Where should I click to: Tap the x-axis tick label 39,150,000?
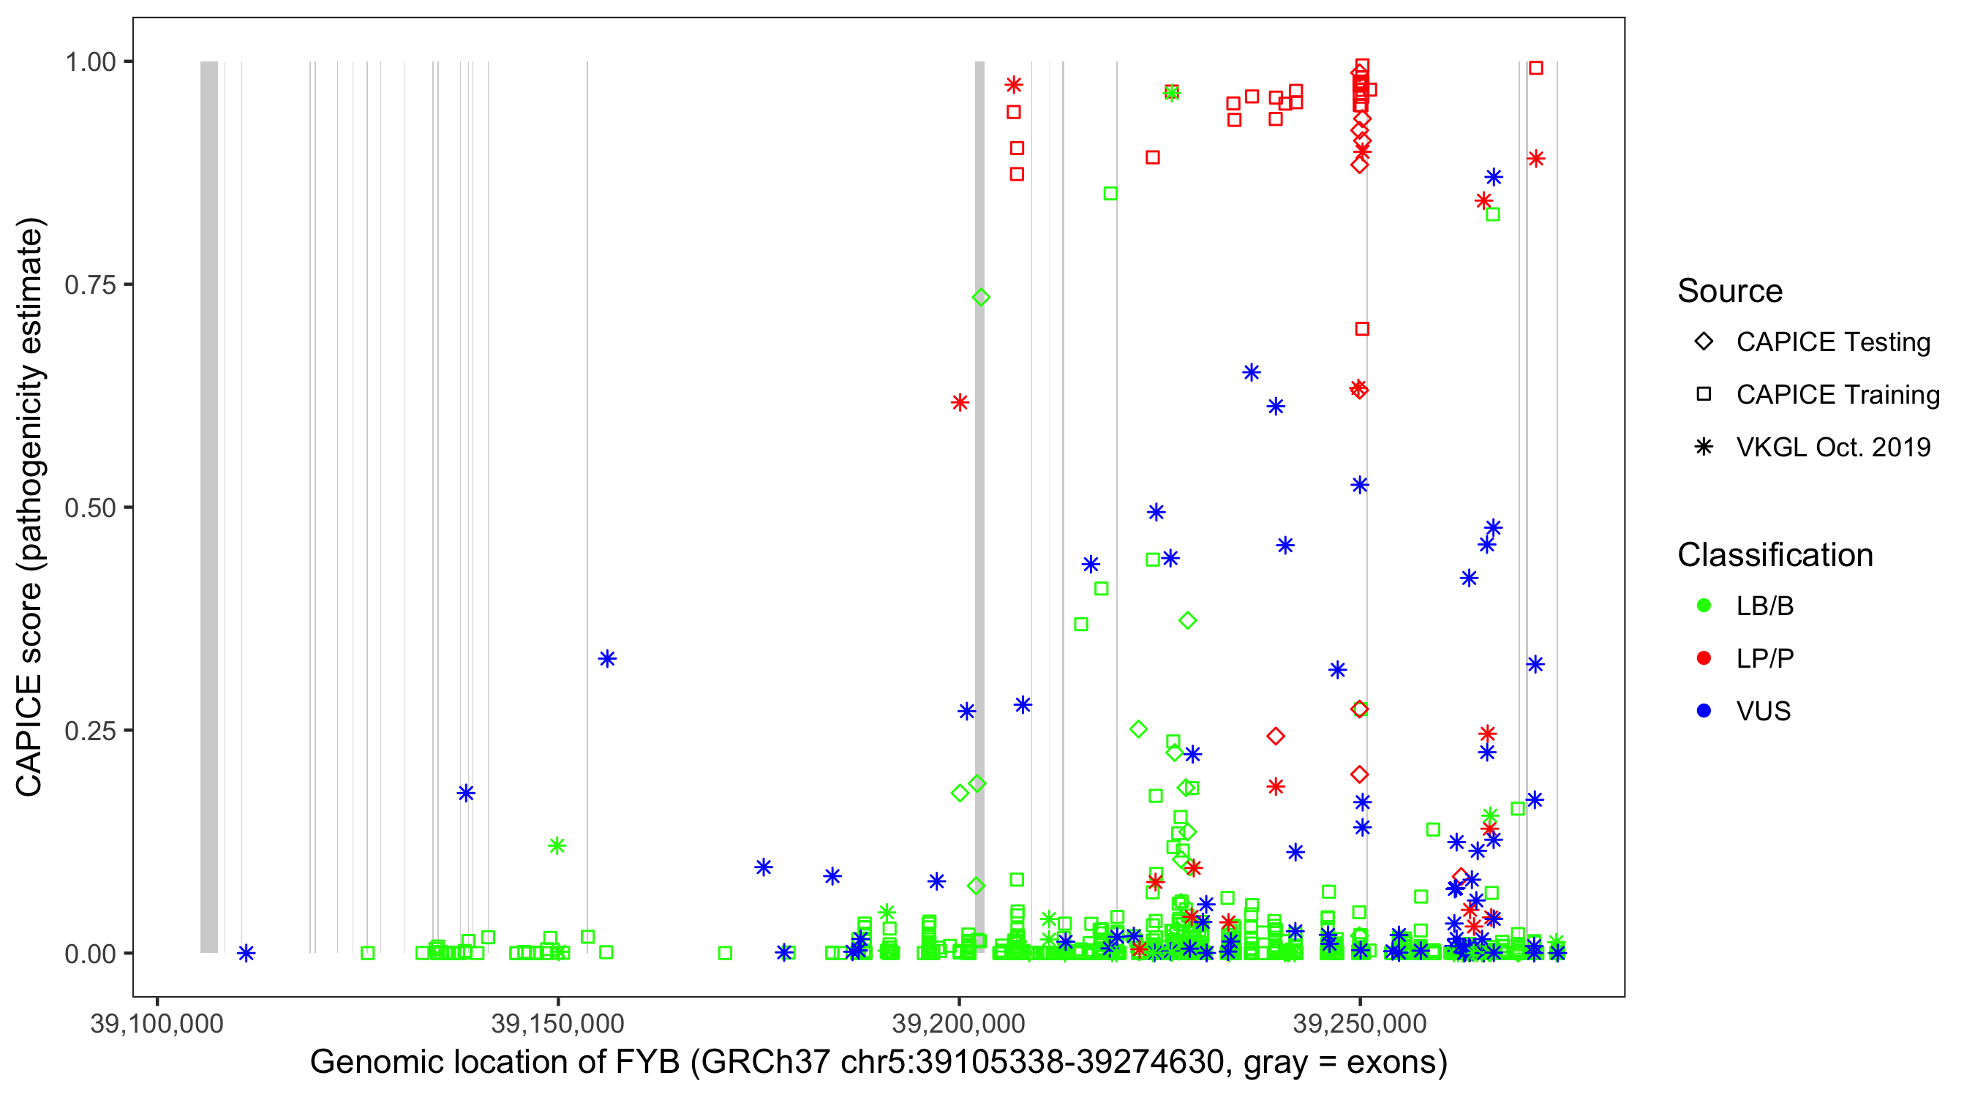tap(557, 1023)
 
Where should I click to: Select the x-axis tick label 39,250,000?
tap(1360, 1023)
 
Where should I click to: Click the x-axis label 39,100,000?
tap(157, 1023)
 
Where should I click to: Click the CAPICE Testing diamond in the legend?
tap(1704, 342)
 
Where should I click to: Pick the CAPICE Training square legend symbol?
tap(1704, 395)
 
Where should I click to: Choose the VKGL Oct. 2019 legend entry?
tap(1832, 447)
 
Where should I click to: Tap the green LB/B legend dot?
tap(1704, 606)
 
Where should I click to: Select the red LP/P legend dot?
tap(1704, 658)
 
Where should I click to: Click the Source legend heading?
tap(1730, 291)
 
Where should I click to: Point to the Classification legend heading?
tap(1775, 555)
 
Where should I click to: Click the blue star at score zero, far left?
tap(245, 953)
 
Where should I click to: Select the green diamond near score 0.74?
tap(981, 298)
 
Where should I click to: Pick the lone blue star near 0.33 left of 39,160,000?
tap(607, 658)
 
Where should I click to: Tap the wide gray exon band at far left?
tap(208, 506)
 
